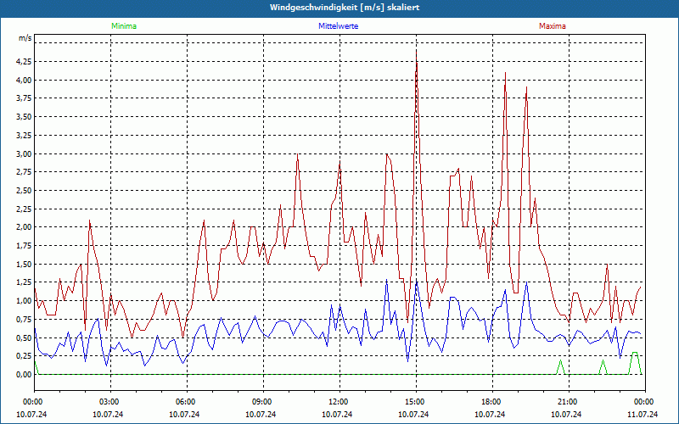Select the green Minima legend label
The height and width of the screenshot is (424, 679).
[123, 26]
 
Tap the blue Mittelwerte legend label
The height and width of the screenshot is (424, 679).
[338, 26]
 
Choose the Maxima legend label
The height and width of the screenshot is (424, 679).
[553, 26]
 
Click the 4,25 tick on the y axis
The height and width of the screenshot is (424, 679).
[22, 62]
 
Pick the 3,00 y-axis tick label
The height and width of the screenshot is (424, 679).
[22, 153]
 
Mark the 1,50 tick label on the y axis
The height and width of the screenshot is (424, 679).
[22, 264]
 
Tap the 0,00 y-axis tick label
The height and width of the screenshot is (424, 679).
[22, 374]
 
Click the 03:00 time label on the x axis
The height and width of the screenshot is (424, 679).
[109, 402]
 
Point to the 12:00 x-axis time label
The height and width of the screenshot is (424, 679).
[338, 402]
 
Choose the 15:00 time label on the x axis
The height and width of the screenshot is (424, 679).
[414, 402]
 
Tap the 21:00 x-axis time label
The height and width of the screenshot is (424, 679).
[567, 402]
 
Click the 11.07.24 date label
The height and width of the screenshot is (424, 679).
[643, 415]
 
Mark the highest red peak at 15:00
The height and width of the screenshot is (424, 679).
[416, 51]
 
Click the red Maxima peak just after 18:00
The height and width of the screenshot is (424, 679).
[505, 74]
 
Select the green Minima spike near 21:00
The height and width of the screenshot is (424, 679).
[560, 360]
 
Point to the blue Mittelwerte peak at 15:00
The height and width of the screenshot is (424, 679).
[417, 280]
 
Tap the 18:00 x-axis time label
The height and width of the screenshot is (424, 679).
[491, 402]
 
